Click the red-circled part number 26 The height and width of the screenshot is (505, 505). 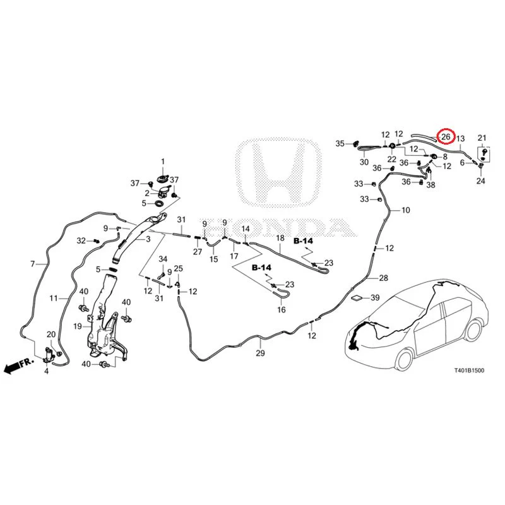[446, 137]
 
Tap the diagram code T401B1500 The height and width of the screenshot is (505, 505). [469, 371]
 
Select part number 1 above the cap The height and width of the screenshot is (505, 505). [163, 162]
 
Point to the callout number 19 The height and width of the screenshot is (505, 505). [78, 326]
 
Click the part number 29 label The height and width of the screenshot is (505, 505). [260, 353]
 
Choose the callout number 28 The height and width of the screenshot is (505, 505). [384, 278]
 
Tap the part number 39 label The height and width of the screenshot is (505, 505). [375, 297]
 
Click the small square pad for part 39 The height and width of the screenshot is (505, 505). [357, 297]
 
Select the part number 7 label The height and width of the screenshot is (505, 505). [33, 264]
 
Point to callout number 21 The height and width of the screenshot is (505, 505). [482, 138]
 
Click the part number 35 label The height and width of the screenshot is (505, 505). [340, 144]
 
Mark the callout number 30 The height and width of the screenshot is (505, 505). [364, 162]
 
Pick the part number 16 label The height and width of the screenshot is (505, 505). [282, 309]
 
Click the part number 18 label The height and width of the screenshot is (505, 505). [280, 238]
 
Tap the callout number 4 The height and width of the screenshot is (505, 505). [46, 371]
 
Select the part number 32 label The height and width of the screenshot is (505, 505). [81, 241]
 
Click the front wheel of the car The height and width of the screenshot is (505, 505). [405, 359]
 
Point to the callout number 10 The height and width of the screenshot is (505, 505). [406, 210]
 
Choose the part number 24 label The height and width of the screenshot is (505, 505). [480, 181]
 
